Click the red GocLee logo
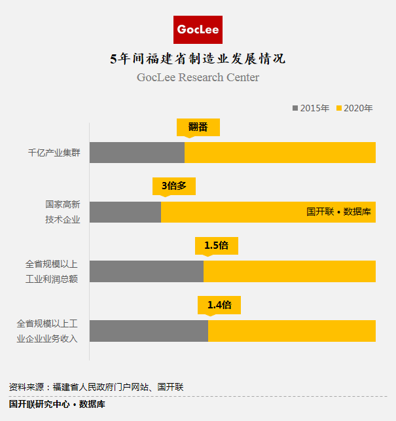click(198, 30)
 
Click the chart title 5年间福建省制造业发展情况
click(198, 59)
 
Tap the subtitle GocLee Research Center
click(198, 77)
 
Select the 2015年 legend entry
click(311, 108)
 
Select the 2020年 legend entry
click(354, 108)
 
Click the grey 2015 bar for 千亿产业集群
click(137, 153)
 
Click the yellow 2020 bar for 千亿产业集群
click(280, 153)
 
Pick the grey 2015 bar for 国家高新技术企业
click(125, 212)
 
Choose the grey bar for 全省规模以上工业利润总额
click(147, 272)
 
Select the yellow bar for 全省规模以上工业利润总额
click(289, 272)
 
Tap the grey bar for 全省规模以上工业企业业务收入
click(149, 331)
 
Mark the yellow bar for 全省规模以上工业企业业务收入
click(292, 331)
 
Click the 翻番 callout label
click(198, 127)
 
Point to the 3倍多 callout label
click(174, 186)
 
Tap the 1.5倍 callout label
click(216, 246)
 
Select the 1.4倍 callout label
click(219, 305)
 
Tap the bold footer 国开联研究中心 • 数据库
click(58, 404)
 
